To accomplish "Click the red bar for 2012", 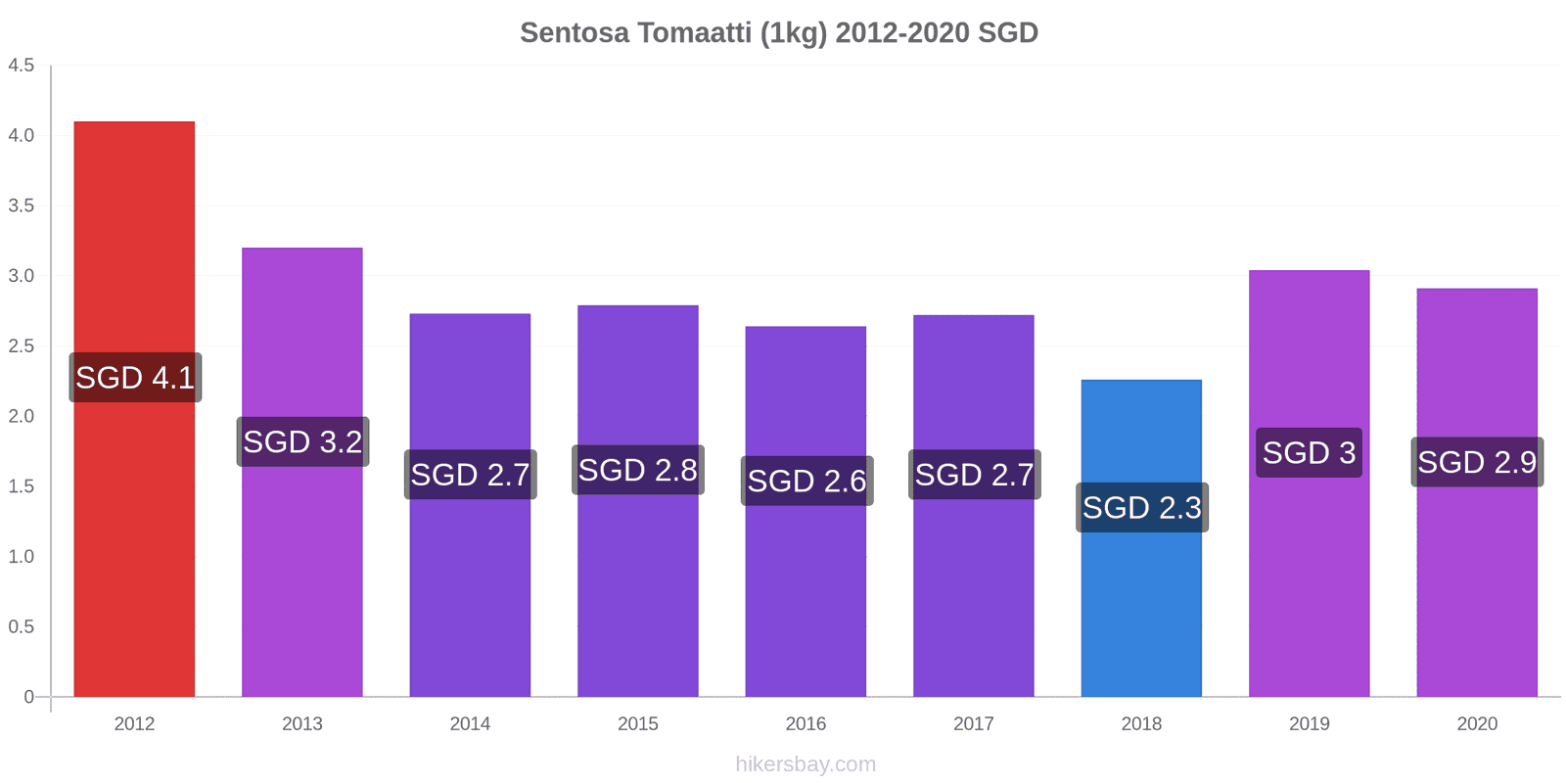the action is (x=134, y=409).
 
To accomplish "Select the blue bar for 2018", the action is (x=1141, y=538).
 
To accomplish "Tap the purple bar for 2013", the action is (x=302, y=472).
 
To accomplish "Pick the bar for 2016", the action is (x=806, y=512).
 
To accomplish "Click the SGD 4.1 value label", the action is (x=135, y=378).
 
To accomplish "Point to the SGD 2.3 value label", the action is (x=1141, y=508).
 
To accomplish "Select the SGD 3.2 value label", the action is (x=302, y=441).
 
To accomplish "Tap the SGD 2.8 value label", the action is (x=637, y=470).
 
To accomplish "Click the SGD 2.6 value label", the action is (x=806, y=481).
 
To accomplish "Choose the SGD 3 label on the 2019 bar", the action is (x=1309, y=453).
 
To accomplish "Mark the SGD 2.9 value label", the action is (x=1477, y=462).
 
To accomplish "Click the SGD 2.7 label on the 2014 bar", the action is (x=471, y=475).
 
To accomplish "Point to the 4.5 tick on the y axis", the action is (x=21, y=66).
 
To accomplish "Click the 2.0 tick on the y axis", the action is (x=21, y=417).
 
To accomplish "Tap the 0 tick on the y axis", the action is (x=28, y=697).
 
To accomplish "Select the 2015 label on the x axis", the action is (x=637, y=723).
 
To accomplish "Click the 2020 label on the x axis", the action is (x=1477, y=723).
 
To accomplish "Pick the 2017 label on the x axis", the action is (x=974, y=723).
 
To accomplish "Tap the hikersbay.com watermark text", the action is (x=806, y=764).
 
